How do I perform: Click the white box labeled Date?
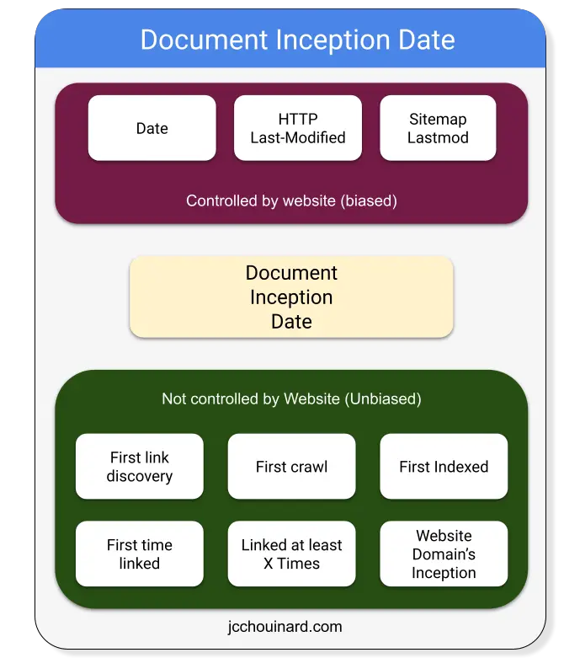point(152,128)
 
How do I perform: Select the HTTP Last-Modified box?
point(298,128)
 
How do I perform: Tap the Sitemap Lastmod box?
point(438,128)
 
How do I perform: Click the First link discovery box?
point(140,466)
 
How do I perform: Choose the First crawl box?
point(291,466)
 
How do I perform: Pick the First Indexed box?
point(444,466)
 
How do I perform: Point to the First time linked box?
point(140,554)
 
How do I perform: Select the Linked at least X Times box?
point(291,554)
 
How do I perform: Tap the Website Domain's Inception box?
point(444,554)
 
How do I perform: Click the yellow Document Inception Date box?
point(291,297)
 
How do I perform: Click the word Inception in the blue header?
point(333,40)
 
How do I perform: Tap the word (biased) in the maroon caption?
point(369,201)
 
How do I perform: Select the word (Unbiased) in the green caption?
point(383,399)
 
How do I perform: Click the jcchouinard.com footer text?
point(285,627)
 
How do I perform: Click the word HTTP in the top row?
point(298,119)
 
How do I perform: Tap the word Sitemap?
point(438,120)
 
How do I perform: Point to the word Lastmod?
point(438,137)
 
